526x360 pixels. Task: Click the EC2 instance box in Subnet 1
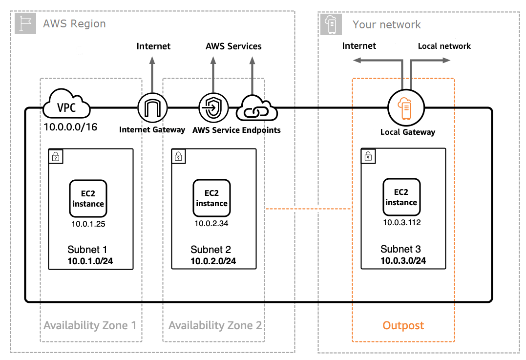coord(88,198)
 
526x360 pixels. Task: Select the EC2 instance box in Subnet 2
coord(211,198)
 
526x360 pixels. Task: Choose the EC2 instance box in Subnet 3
coord(401,197)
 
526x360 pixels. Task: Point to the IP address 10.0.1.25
coord(88,225)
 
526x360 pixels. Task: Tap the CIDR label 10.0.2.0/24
coord(213,261)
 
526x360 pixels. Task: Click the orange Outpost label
coord(403,325)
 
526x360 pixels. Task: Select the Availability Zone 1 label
coord(90,325)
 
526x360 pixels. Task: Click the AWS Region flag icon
coord(25,24)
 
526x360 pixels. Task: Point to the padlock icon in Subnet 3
coord(368,155)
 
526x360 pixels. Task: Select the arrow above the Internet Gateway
coord(152,73)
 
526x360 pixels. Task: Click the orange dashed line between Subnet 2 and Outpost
coord(308,209)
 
